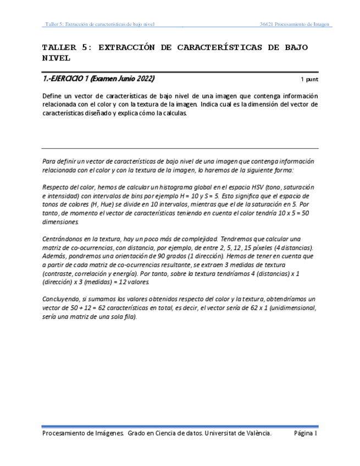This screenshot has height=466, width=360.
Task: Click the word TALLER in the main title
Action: [58, 48]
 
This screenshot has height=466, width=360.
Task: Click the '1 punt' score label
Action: [309, 79]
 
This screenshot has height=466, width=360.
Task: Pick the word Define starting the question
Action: [52, 96]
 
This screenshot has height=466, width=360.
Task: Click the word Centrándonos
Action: [64, 239]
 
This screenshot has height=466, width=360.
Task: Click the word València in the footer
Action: [256, 434]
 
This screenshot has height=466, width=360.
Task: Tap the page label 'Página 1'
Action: [306, 434]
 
